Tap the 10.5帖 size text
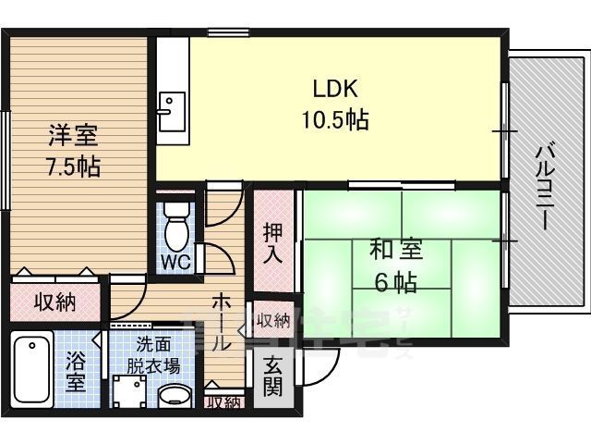[333, 119]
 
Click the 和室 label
[396, 250]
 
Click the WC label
[175, 261]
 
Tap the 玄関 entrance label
[271, 376]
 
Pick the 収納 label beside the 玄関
[272, 322]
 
